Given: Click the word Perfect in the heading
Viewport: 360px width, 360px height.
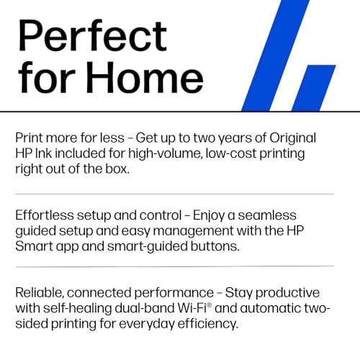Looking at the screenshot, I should click(x=91, y=36).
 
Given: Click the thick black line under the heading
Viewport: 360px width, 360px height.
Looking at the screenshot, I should click(x=180, y=112).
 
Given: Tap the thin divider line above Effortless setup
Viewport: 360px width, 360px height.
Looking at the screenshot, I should click(x=174, y=194).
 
